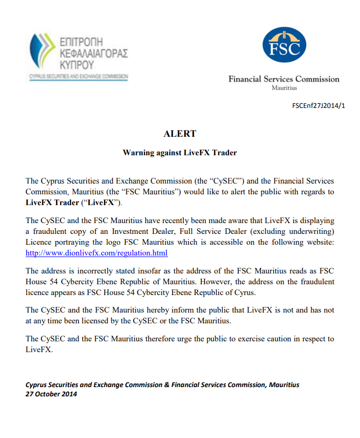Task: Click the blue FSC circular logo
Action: [284, 45]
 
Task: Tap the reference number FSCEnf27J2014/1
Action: [318, 106]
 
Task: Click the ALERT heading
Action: [180, 134]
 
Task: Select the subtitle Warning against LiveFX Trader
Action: [180, 153]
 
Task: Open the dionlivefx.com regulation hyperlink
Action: [97, 253]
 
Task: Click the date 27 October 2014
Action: [51, 394]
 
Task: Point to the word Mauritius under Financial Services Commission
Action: [284, 88]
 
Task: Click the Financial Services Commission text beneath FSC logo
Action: [284, 79]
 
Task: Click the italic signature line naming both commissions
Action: [162, 385]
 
